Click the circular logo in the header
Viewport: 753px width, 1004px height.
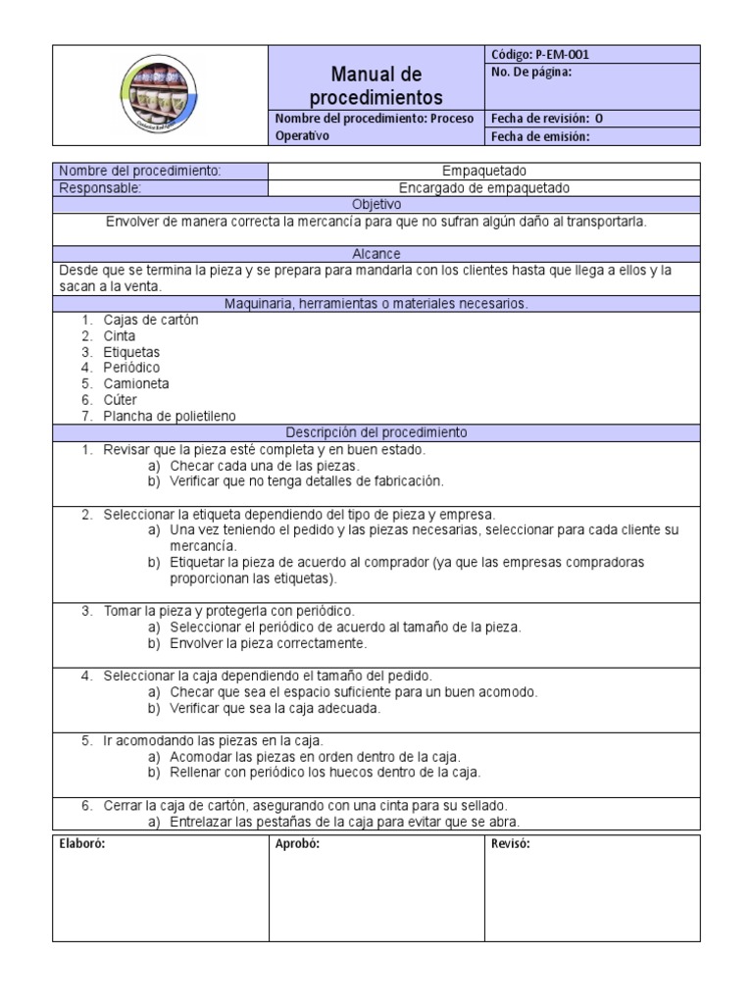[161, 95]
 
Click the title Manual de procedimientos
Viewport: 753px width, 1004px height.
[376, 86]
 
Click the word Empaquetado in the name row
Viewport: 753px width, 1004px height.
[485, 171]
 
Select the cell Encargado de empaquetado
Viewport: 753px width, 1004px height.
[484, 187]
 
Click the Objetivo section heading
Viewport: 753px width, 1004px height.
[376, 205]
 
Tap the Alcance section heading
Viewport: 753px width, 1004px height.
[376, 254]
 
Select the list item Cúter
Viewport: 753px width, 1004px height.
[121, 400]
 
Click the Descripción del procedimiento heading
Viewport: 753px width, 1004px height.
[376, 432]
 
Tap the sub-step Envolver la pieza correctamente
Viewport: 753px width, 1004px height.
[268, 643]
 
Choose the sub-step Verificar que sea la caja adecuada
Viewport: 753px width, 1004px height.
[275, 708]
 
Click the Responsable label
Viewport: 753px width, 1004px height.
[100, 187]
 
